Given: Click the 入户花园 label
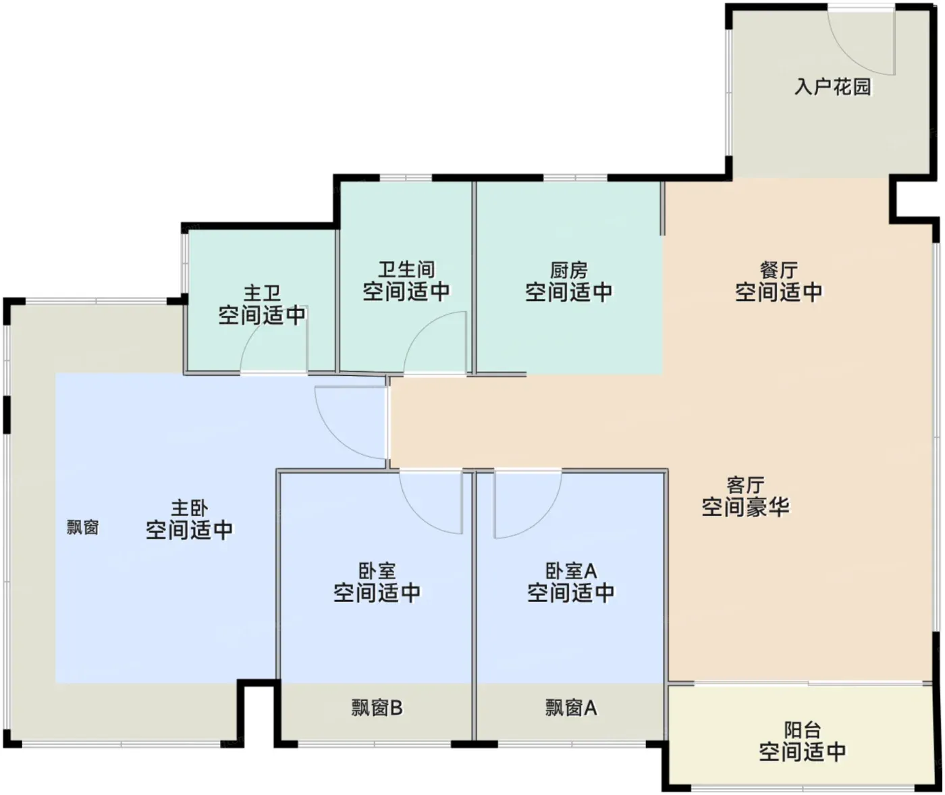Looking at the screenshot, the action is (833, 87).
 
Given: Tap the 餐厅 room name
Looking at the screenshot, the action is (778, 270).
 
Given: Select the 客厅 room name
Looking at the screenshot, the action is (745, 485).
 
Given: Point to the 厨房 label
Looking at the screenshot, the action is (569, 270).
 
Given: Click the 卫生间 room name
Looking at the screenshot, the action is (406, 269).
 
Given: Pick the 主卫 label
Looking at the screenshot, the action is (262, 293).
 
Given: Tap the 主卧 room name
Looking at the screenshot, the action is (189, 508).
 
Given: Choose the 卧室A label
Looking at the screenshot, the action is (571, 571).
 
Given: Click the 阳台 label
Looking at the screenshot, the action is (803, 730).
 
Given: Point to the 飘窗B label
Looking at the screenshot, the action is (377, 708).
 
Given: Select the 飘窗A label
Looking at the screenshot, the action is (571, 708).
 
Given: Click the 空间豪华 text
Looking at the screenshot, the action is (745, 508).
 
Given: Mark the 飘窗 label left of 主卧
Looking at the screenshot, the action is (83, 528).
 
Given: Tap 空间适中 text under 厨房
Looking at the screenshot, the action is (569, 292).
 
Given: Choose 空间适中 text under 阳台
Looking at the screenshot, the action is (803, 752).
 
